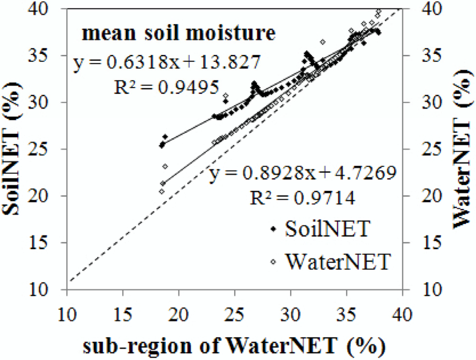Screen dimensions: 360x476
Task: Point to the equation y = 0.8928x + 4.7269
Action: point(302,175)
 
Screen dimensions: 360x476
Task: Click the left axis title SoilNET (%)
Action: point(15,149)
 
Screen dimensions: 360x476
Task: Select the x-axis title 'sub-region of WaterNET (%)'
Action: point(234,346)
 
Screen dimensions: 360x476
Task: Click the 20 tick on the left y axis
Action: point(49,196)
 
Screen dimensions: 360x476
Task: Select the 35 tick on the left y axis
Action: point(49,55)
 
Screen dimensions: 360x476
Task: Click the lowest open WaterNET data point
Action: point(162,191)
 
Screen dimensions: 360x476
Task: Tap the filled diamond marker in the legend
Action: point(274,229)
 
